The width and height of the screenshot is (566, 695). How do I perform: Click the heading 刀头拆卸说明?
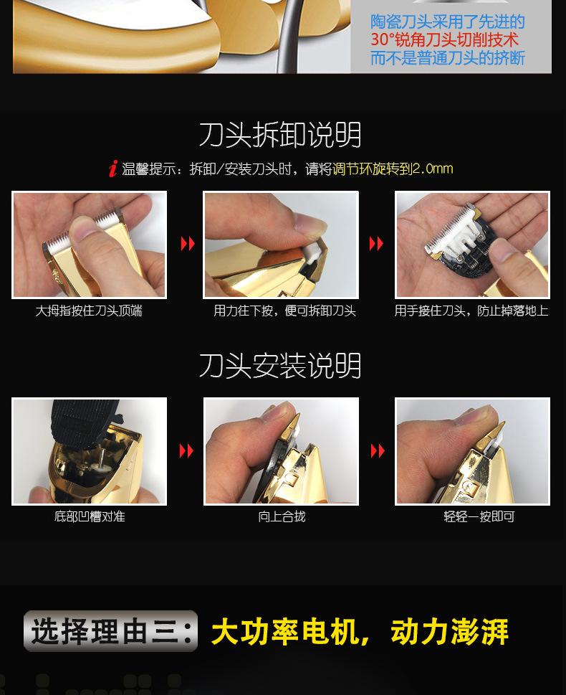tap(280, 134)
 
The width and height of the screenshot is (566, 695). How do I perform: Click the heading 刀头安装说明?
tap(280, 366)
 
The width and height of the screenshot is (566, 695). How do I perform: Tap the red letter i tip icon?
tap(113, 169)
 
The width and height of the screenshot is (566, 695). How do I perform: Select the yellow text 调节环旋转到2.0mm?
tap(393, 169)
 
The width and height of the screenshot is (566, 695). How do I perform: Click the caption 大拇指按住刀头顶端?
tap(89, 311)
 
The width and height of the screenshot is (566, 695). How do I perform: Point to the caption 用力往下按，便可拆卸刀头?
tap(284, 311)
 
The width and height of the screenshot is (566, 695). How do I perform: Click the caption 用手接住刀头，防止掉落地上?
tap(471, 311)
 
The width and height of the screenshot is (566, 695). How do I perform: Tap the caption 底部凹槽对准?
tap(90, 516)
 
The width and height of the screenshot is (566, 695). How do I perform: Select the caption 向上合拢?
tap(282, 516)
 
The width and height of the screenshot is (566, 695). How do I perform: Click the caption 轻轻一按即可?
tap(479, 516)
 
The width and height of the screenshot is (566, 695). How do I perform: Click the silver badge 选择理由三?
tap(111, 631)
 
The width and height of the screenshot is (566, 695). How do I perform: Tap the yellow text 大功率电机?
tap(285, 632)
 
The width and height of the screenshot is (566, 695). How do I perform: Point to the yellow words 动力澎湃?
tap(449, 632)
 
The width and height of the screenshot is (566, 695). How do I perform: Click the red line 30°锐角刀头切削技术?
tap(444, 40)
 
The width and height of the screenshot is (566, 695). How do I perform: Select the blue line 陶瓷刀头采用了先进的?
tap(447, 22)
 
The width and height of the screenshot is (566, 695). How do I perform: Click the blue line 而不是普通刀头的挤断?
tap(447, 58)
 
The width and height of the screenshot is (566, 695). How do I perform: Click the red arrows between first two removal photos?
tap(188, 243)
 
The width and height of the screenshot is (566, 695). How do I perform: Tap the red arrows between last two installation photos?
tap(378, 450)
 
